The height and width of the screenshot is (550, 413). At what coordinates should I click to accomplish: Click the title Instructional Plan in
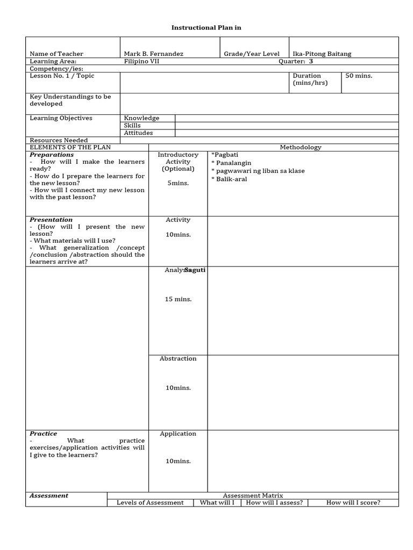206,27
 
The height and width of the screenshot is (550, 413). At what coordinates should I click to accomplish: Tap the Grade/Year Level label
252,54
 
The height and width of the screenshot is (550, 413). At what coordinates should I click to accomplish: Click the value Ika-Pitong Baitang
322,54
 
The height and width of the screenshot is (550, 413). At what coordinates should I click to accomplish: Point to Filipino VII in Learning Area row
141,61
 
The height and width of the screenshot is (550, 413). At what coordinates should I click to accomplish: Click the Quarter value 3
311,61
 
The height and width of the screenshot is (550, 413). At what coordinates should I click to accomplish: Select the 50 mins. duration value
359,76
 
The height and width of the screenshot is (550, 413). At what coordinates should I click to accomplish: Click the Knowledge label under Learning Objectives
141,118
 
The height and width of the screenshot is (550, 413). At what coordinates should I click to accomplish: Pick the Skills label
132,126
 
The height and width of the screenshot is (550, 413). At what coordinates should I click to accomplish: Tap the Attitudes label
138,133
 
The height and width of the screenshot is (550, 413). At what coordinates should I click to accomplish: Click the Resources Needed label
59,140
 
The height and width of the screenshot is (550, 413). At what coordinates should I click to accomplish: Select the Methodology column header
300,147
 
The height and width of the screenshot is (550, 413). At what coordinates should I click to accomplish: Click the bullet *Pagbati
225,155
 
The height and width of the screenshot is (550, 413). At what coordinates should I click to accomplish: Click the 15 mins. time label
178,299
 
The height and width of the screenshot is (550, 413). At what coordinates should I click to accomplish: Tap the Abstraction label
178,358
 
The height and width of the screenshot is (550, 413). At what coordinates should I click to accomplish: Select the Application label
178,433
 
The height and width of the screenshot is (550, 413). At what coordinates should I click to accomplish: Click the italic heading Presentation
51,220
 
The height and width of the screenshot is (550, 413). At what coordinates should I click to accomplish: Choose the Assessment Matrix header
253,495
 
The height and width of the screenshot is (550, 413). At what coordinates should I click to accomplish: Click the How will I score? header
353,503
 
